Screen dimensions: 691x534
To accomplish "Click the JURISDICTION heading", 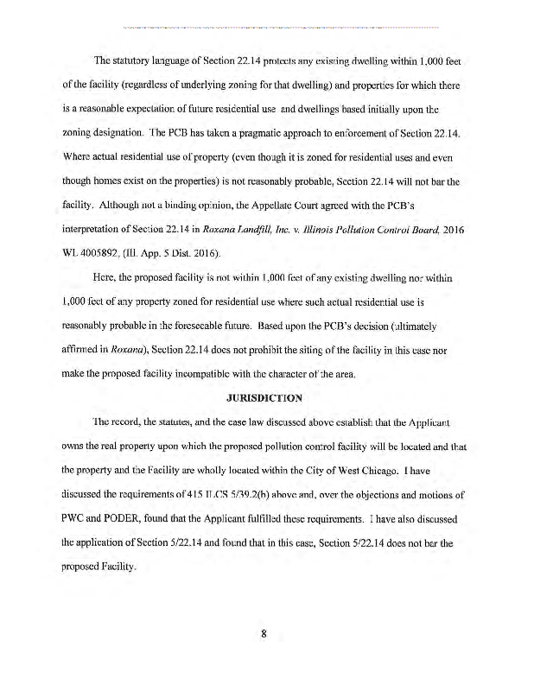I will click(265, 398).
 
